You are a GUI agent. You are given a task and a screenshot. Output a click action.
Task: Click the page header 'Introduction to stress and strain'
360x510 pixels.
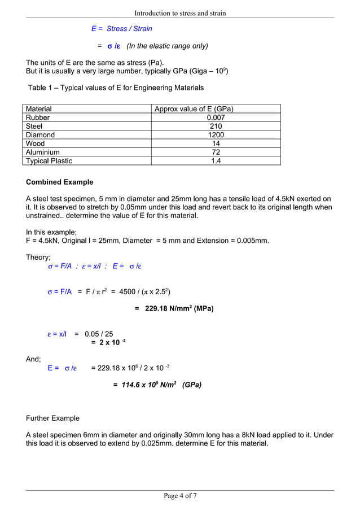(x=180, y=13)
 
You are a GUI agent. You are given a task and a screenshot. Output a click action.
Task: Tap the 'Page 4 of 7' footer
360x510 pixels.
(x=180, y=496)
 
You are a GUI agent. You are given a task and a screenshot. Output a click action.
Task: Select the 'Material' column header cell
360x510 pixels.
(x=39, y=109)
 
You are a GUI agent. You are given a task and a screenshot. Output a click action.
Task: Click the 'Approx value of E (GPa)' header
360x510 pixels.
(x=194, y=109)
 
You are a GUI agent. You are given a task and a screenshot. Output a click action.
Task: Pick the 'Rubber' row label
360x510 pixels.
(x=38, y=117)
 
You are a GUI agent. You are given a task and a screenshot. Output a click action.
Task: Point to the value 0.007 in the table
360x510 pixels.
(x=216, y=117)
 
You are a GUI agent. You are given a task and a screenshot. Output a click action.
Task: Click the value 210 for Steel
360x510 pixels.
(x=216, y=127)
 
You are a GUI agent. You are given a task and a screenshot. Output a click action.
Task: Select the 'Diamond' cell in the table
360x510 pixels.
(x=41, y=135)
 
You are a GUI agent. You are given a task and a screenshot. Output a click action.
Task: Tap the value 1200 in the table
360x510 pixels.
(x=216, y=135)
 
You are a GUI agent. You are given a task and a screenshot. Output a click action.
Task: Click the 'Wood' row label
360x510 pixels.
(x=36, y=143)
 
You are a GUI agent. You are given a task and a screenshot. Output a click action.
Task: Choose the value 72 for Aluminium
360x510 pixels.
(x=216, y=152)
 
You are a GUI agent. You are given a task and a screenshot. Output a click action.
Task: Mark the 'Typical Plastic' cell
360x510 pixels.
(x=50, y=161)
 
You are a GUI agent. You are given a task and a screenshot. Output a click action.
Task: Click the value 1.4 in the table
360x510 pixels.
(x=216, y=161)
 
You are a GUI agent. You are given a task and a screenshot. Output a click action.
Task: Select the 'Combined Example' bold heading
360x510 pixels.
(x=60, y=182)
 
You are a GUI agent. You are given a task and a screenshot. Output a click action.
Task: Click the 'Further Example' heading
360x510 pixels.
(x=53, y=419)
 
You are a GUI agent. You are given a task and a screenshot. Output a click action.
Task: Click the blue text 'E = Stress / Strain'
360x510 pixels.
(x=121, y=28)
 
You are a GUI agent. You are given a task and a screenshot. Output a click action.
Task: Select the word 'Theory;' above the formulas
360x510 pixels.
(x=38, y=258)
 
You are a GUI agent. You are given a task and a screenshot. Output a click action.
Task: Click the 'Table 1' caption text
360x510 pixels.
(x=116, y=88)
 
